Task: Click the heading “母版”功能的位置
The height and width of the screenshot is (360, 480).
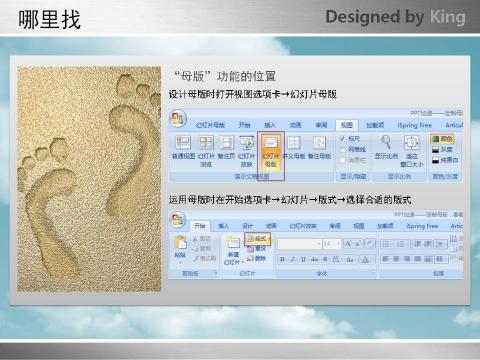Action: tap(224, 76)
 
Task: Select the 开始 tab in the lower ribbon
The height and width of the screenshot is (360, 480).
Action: tap(201, 226)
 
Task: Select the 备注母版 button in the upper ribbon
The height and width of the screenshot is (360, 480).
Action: tap(318, 150)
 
